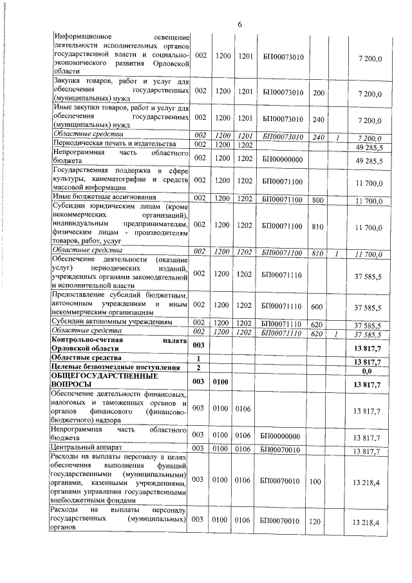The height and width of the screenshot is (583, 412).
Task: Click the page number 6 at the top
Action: click(x=239, y=24)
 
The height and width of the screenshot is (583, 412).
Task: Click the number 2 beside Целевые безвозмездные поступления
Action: click(x=199, y=367)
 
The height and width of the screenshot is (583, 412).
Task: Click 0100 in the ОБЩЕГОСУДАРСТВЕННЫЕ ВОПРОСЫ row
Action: click(x=222, y=381)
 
